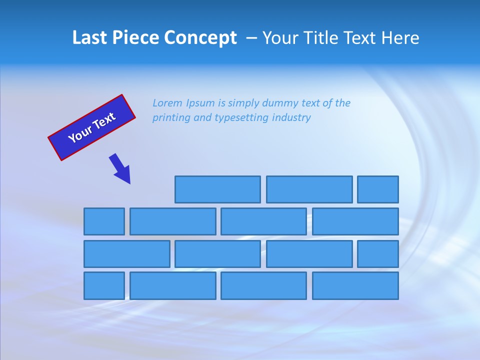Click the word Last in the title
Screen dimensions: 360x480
tap(90, 38)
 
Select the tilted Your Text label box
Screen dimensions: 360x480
tap(91, 127)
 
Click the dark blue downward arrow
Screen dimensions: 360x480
tap(120, 168)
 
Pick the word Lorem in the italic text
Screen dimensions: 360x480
tap(167, 103)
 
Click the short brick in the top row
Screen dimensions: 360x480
tap(378, 189)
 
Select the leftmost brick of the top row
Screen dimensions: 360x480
tap(217, 189)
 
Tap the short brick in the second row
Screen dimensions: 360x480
tap(104, 221)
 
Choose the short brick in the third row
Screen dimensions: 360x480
tap(378, 254)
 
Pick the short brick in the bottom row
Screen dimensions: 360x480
tap(104, 286)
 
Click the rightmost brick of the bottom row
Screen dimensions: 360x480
tap(355, 286)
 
